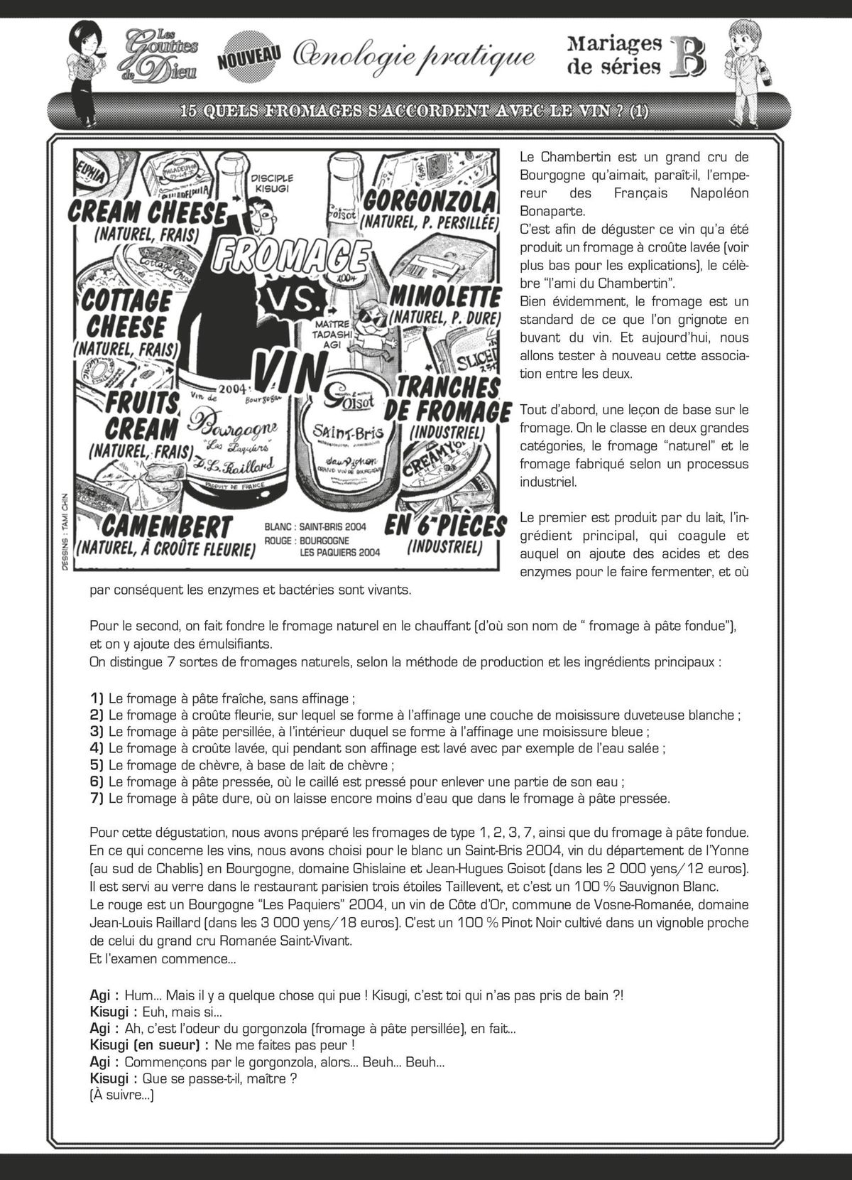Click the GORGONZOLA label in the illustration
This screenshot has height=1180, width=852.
point(427,202)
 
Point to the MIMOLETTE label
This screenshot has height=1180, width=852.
point(445,295)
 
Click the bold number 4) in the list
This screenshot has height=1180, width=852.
point(97,747)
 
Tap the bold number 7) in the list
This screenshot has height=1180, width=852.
point(97,799)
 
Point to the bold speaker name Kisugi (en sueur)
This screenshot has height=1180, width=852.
point(149,1045)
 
